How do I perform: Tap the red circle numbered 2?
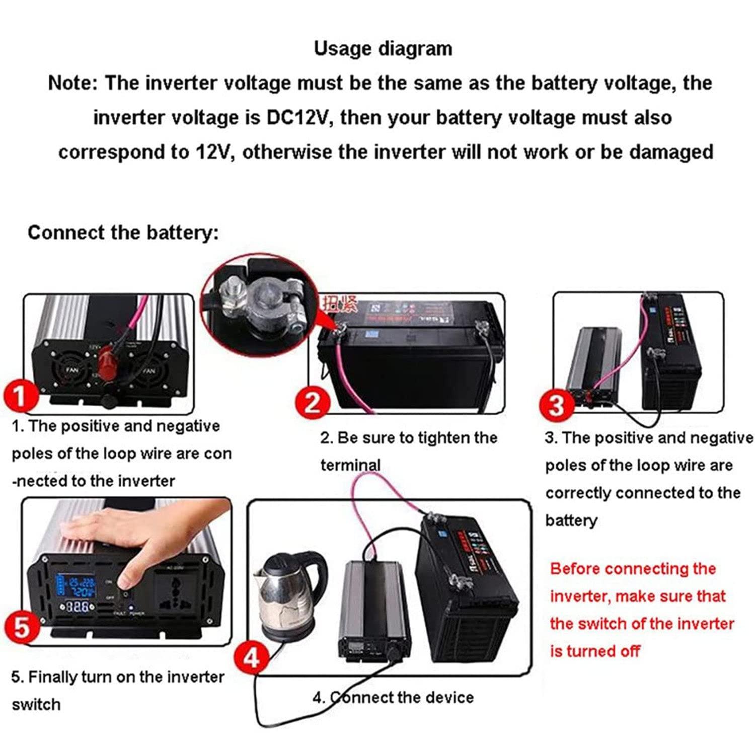[313, 403]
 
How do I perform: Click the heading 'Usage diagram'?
[383, 49]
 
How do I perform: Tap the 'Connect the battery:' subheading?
[123, 233]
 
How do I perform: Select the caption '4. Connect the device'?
[393, 697]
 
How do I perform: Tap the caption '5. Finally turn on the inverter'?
[117, 677]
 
